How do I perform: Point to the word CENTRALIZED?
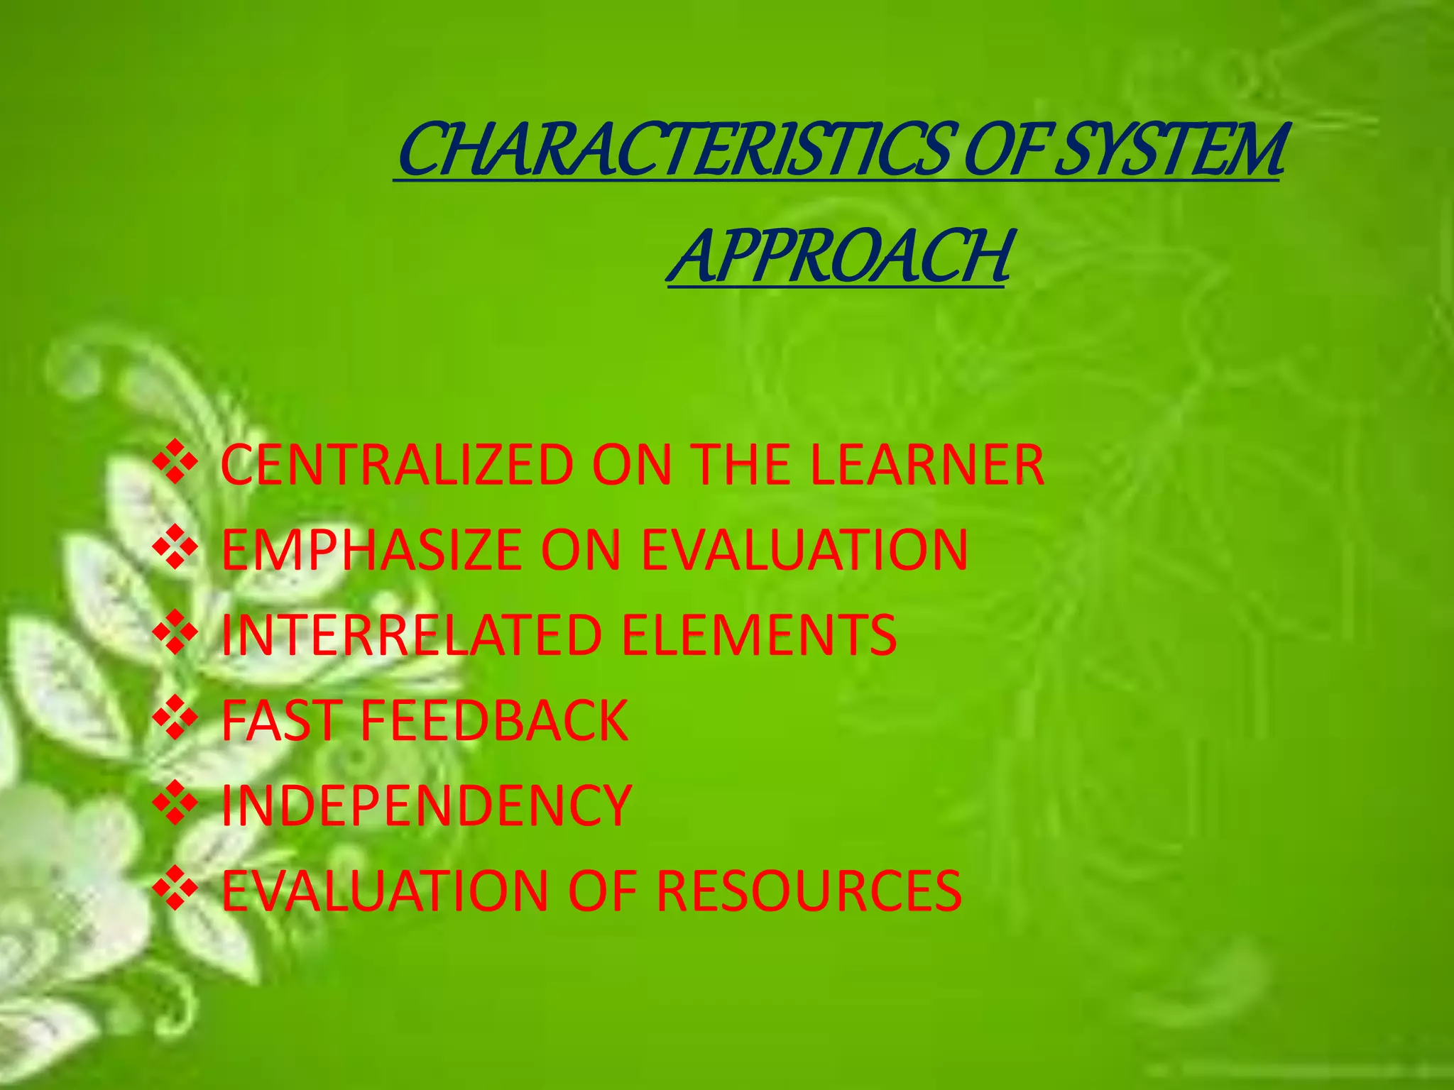[397, 465]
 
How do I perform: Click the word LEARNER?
[926, 465]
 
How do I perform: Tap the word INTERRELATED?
[412, 635]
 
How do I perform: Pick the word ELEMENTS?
[759, 635]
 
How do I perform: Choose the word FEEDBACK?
[495, 720]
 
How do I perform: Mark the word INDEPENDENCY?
[426, 805]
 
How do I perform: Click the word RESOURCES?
[809, 891]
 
